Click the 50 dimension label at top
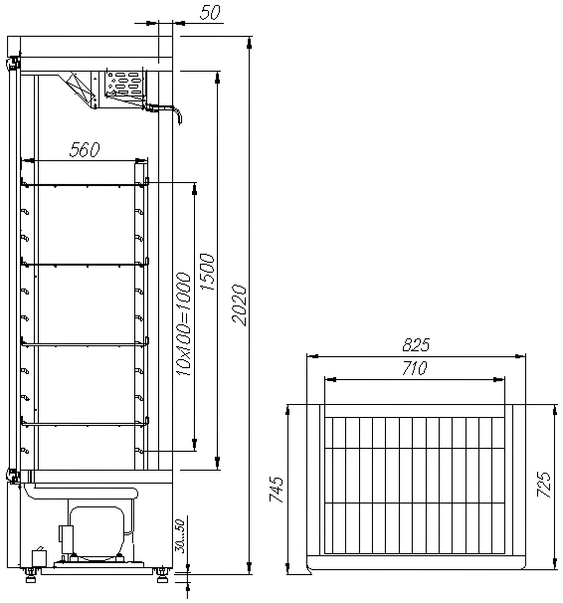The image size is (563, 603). coord(210,13)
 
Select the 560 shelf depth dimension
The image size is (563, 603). coord(85,149)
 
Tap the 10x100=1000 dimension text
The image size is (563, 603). coord(183,323)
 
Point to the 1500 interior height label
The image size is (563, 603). coord(207,272)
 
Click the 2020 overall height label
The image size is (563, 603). coord(239,304)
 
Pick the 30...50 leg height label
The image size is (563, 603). coord(180,535)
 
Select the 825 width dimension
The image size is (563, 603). coord(416,344)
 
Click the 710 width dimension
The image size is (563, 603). coord(414,368)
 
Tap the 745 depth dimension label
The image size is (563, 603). coord(276,490)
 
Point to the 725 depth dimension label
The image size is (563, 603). coord(544,485)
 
